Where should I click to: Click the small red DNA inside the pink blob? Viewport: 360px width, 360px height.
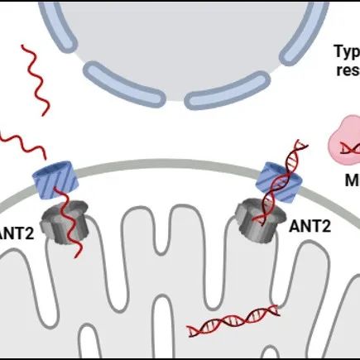351,146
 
